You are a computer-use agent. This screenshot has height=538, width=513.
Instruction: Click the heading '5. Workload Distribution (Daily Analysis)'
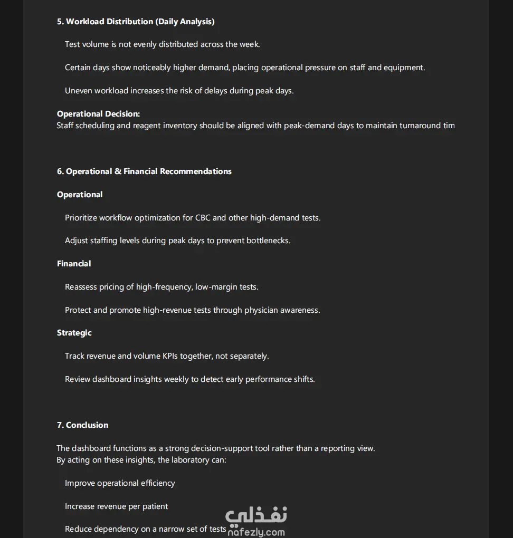point(136,22)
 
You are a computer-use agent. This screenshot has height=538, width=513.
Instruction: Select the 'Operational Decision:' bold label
point(98,114)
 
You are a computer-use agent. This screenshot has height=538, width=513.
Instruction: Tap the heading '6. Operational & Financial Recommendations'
point(144,171)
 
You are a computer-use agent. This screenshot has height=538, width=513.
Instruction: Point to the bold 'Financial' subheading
point(74,264)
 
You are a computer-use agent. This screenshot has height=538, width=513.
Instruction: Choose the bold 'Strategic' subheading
point(74,333)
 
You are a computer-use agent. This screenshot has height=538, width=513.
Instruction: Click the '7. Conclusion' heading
point(83,425)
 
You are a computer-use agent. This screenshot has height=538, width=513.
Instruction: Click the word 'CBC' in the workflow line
point(203,218)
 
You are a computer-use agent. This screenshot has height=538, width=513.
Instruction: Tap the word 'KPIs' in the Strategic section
point(169,356)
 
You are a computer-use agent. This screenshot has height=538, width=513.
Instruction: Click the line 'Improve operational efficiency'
point(120,483)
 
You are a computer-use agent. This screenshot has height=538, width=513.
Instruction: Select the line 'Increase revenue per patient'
point(116,506)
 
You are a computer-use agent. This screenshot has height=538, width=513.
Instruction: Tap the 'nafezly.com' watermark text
point(256,532)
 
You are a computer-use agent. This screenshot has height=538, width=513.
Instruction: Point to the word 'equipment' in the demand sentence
point(404,68)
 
